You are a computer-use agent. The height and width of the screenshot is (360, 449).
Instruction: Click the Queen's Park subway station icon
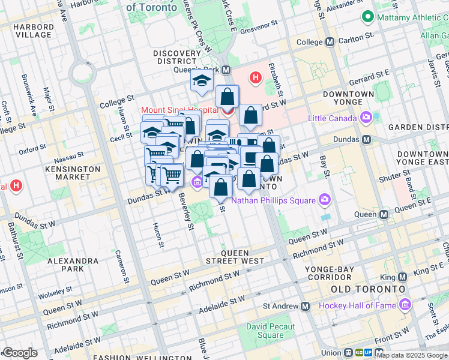coord(226,70)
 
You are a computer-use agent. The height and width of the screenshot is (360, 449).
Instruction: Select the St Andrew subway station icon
coord(306,307)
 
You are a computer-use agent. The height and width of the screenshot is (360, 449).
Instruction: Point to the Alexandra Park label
coord(73,265)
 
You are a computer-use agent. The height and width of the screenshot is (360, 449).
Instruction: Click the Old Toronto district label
coord(366,289)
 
